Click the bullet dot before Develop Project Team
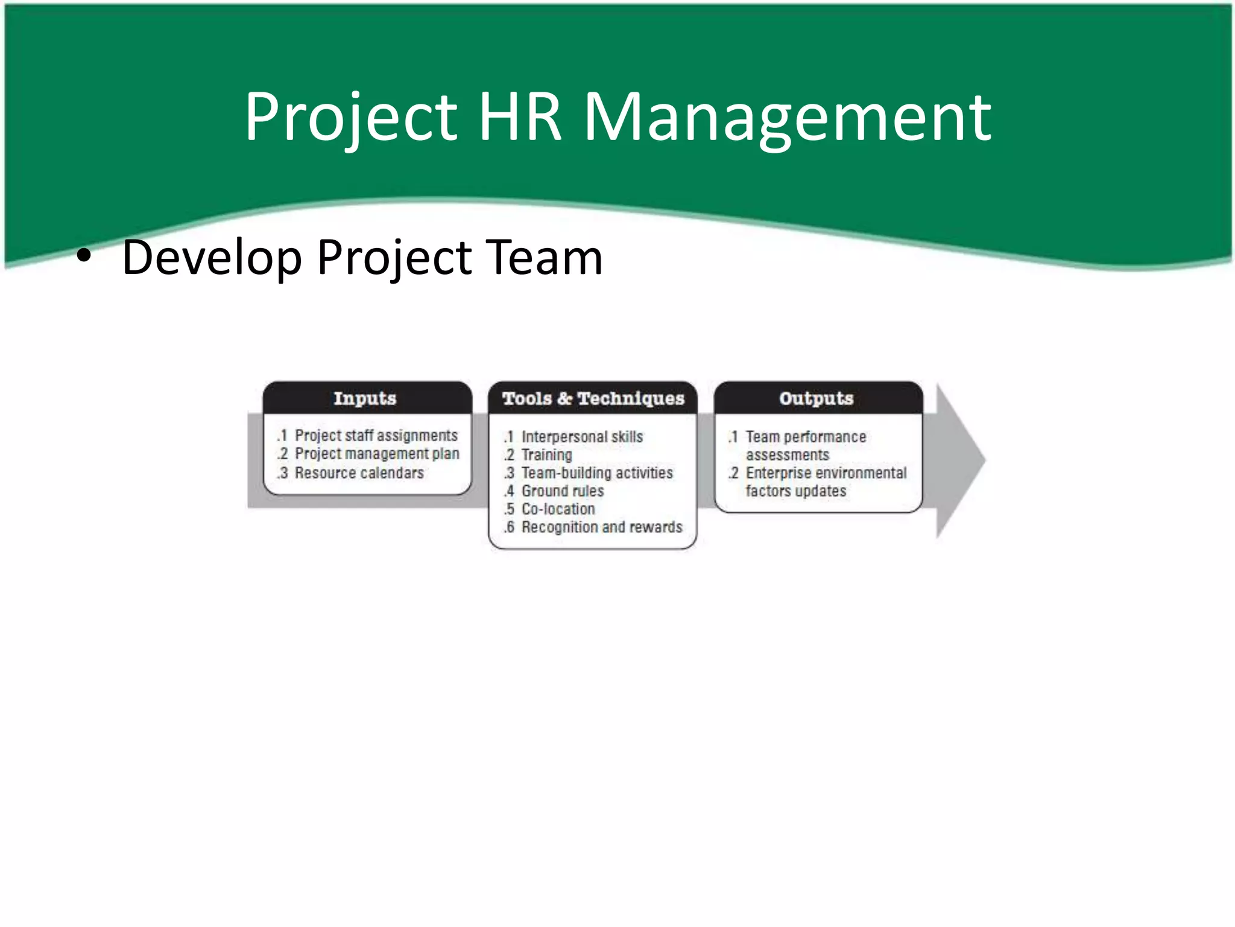pos(84,257)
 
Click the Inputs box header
pos(365,398)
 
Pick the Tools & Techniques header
pos(593,398)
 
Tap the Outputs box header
pos(816,398)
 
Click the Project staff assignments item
pos(376,435)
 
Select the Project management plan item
pos(377,453)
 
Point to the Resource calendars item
pos(359,473)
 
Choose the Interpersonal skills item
pos(582,436)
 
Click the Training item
pos(546,454)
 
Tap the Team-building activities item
pos(597,473)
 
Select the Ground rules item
pos(563,491)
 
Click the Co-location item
pos(558,509)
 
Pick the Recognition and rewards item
pos(602,527)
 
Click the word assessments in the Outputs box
pos(788,454)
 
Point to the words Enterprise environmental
pos(826,473)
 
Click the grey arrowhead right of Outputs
pos(959,460)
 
